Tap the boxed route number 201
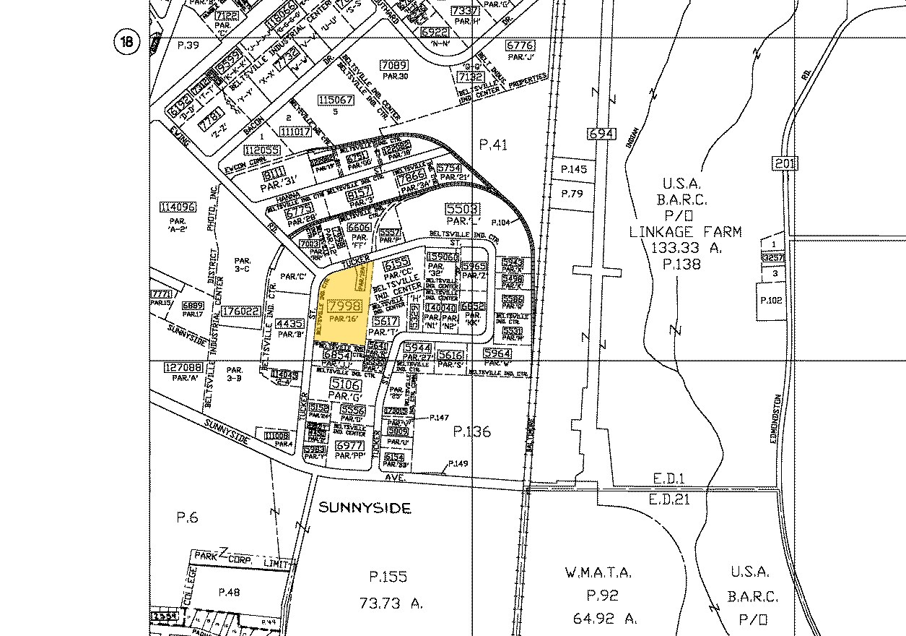pyautogui.click(x=785, y=163)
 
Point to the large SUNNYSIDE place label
pyautogui.click(x=365, y=508)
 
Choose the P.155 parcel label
pyautogui.click(x=388, y=577)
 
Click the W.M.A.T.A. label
pyautogui.click(x=598, y=573)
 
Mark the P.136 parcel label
pyautogui.click(x=471, y=431)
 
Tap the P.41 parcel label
pyautogui.click(x=494, y=145)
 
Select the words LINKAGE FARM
pyautogui.click(x=685, y=232)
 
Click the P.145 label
pyautogui.click(x=574, y=169)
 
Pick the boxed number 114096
pyautogui.click(x=177, y=207)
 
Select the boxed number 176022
pyautogui.click(x=241, y=311)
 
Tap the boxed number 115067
pyautogui.click(x=336, y=100)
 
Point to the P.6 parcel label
pyautogui.click(x=186, y=517)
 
